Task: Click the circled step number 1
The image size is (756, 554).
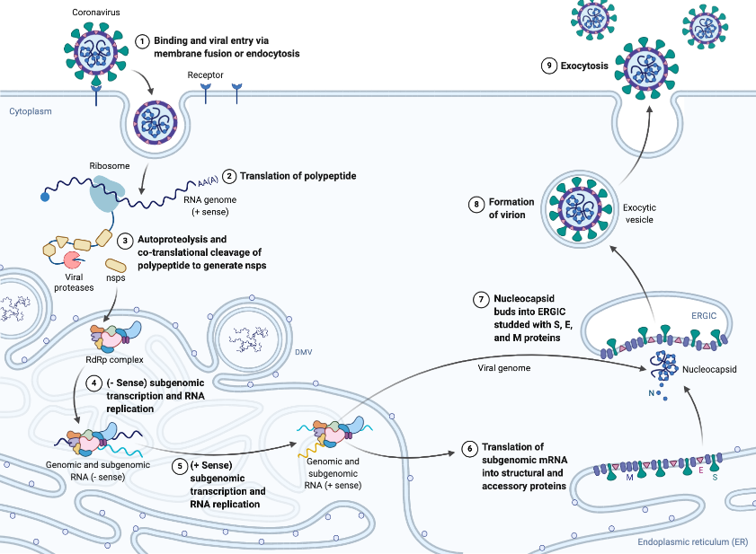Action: click(x=141, y=41)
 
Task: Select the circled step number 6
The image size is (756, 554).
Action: click(x=467, y=447)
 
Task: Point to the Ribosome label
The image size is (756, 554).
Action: click(x=108, y=166)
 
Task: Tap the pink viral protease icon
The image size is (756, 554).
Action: click(x=71, y=259)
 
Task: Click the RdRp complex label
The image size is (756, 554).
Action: click(x=114, y=359)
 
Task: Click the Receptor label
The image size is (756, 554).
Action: click(x=206, y=75)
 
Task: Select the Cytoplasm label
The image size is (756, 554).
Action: click(x=31, y=111)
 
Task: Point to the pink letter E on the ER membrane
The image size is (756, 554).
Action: click(x=699, y=469)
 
